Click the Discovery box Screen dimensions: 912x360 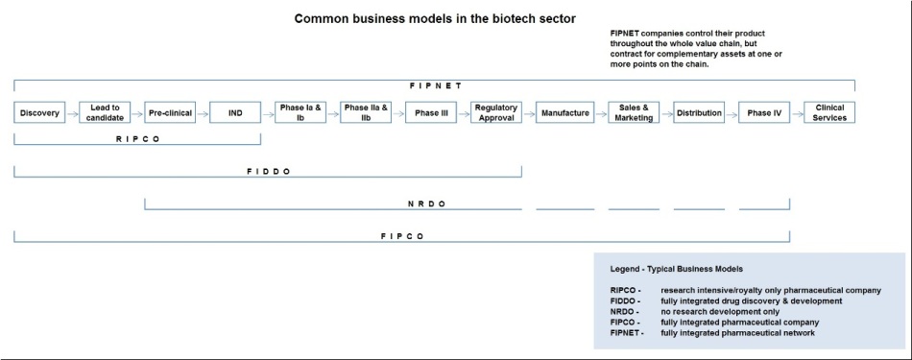[x=39, y=112]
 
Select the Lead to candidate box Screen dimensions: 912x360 [x=105, y=112]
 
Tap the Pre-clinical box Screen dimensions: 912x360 [x=170, y=112]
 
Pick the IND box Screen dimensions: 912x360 [x=235, y=112]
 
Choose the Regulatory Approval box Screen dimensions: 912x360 [x=496, y=112]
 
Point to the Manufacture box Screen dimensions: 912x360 [x=564, y=112]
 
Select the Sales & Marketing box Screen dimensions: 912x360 [x=634, y=112]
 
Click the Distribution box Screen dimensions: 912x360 [x=699, y=112]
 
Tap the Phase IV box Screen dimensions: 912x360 [x=764, y=112]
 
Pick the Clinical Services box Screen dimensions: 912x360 [x=829, y=112]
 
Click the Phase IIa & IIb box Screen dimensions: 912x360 [x=366, y=112]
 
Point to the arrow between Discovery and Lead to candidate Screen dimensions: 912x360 [x=72, y=112]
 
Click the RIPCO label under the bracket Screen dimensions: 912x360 [x=136, y=138]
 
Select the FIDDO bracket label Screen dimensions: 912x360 [x=268, y=172]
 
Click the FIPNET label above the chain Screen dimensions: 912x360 [x=435, y=85]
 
